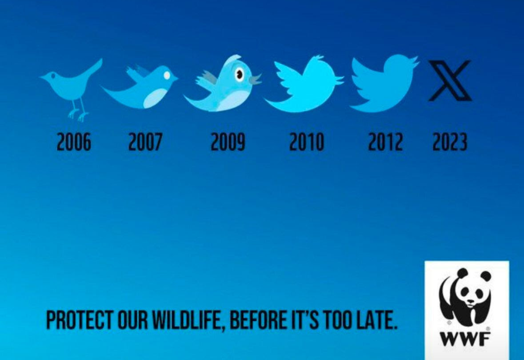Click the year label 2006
[x=74, y=142]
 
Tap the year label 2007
[x=145, y=142]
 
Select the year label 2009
[x=228, y=142]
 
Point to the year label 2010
[x=307, y=142]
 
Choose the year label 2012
[x=385, y=142]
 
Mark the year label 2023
[x=449, y=142]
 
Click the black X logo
[x=450, y=80]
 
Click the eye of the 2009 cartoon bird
[x=239, y=74]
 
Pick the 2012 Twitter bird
[x=384, y=83]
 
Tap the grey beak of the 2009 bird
[x=255, y=79]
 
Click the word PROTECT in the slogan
[x=79, y=320]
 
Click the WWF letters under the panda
[x=465, y=339]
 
